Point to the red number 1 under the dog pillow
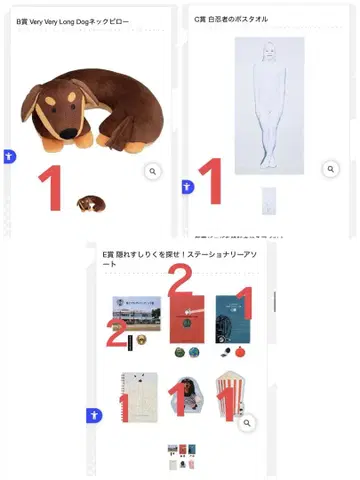(49, 188)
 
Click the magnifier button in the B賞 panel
(152, 172)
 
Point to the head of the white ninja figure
(267, 53)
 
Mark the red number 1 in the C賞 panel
(208, 181)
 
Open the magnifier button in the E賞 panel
(248, 424)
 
